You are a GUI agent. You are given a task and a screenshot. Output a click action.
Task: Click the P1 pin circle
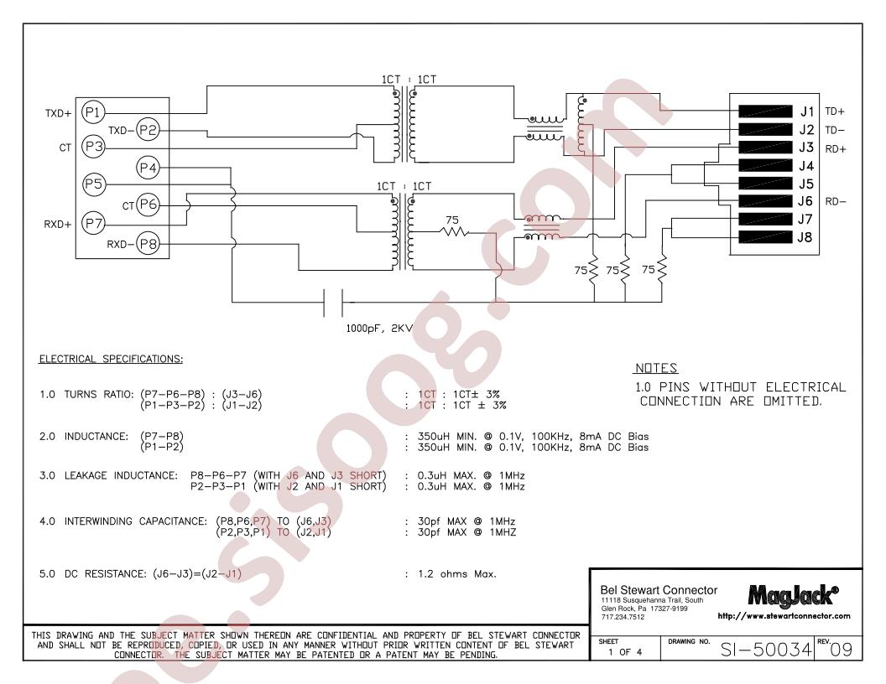click(92, 112)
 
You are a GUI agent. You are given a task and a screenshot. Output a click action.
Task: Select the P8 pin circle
click(148, 244)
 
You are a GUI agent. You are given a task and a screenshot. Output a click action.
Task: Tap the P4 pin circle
click(148, 168)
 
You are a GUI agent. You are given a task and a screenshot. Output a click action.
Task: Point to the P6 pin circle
click(148, 205)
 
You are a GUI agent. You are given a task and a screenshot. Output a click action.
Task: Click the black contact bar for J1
click(765, 111)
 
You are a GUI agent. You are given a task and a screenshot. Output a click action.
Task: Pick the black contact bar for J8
click(765, 237)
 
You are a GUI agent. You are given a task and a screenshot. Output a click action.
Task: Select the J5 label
click(805, 184)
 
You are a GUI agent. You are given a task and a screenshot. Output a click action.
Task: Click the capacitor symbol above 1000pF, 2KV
click(333, 303)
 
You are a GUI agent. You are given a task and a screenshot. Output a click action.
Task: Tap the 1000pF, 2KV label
click(379, 328)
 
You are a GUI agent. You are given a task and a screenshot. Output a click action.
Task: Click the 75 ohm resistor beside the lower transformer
click(455, 231)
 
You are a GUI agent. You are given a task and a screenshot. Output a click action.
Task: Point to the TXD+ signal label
click(58, 113)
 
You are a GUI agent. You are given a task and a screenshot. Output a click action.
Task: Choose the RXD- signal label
click(120, 245)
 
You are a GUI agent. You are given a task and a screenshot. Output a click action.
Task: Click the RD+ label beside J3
click(836, 149)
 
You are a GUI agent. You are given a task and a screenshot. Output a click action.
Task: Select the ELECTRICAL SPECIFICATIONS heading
click(111, 359)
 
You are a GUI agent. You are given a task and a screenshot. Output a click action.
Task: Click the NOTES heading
click(656, 368)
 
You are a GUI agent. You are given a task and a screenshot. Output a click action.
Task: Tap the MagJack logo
click(793, 595)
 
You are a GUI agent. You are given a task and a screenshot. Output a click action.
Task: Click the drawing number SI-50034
click(766, 650)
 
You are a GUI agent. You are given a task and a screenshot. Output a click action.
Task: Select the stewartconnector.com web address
click(784, 616)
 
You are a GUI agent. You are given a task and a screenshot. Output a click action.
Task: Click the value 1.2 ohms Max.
click(456, 574)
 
